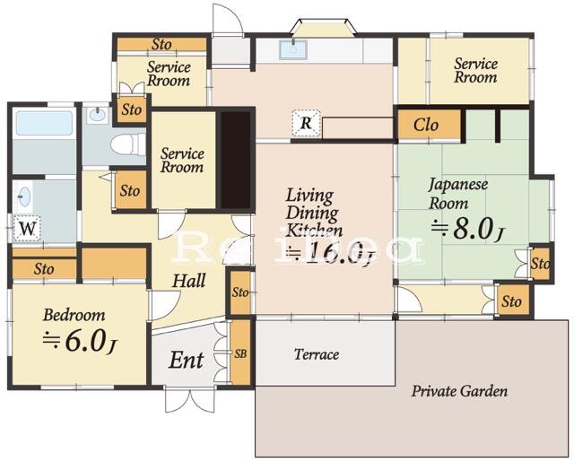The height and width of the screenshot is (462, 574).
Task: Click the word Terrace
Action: [x=317, y=354]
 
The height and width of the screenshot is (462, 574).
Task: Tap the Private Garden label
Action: [x=459, y=391]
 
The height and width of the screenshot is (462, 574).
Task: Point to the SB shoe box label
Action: [x=239, y=353]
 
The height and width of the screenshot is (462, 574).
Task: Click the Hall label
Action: [x=188, y=281]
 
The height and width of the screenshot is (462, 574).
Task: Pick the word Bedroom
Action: [x=74, y=315]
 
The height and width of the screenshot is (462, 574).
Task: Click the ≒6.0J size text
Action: [x=80, y=340]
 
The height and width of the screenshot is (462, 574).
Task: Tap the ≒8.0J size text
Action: [x=466, y=229]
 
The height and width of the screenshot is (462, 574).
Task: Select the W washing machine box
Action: [x=28, y=228]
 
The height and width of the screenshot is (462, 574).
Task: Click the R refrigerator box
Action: [x=307, y=125]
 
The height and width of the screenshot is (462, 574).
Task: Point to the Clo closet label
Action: [x=426, y=125]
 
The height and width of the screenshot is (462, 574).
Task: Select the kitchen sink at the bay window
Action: [x=293, y=49]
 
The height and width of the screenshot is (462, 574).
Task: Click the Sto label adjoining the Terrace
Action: [x=239, y=293]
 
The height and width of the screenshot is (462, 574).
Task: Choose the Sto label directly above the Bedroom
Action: [x=44, y=268]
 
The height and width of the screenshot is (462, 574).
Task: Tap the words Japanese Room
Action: [x=457, y=194]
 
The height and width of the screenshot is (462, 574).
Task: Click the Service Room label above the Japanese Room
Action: [x=474, y=70]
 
